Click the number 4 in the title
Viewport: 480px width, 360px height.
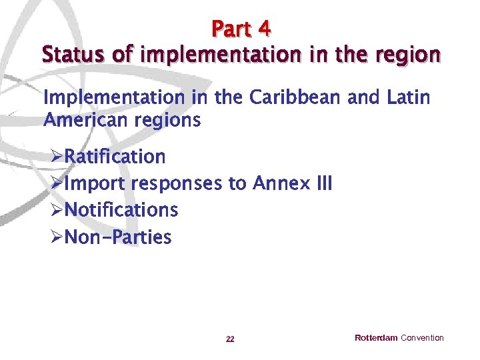click(264, 29)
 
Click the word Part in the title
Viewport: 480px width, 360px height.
click(231, 29)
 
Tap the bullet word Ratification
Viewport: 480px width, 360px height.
click(115, 157)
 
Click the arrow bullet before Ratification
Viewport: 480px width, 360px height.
click(57, 157)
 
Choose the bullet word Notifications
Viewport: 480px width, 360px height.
click(121, 210)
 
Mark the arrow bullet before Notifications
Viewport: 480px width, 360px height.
click(57, 211)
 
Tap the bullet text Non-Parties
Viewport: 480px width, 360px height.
click(117, 237)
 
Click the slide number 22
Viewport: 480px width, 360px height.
click(230, 339)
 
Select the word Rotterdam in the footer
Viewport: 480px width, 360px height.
click(376, 338)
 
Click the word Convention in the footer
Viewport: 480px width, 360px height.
click(422, 338)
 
